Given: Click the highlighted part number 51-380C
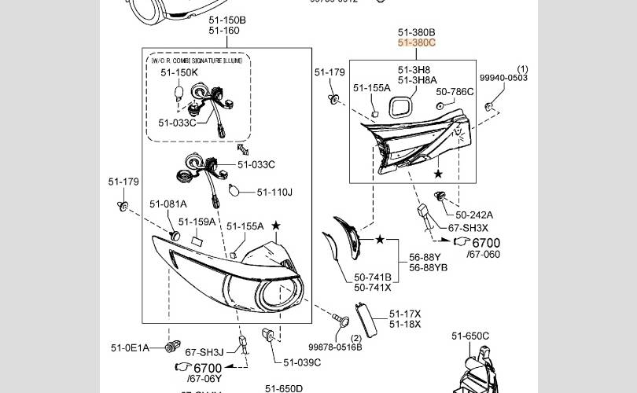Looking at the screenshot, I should [x=416, y=43].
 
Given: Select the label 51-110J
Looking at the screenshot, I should [x=274, y=192].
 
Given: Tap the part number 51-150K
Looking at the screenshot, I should [x=179, y=72].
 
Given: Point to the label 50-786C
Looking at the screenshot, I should [x=455, y=92].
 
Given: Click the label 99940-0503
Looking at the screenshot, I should [x=503, y=78].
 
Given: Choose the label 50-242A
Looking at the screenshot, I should [x=474, y=215].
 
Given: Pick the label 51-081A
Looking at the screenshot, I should [x=168, y=204].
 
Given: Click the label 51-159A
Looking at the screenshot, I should [x=197, y=222].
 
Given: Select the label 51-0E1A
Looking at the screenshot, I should [x=130, y=347].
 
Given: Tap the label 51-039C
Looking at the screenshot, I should [x=302, y=362].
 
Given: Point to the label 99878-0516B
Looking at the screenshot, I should [x=335, y=347].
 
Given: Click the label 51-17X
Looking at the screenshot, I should [x=405, y=314].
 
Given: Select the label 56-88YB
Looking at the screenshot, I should [x=428, y=267].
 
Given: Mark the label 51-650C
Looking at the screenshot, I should [x=470, y=336].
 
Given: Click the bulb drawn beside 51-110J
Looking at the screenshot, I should [x=233, y=189].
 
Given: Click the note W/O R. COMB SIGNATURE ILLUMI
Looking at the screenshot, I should [x=196, y=61].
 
